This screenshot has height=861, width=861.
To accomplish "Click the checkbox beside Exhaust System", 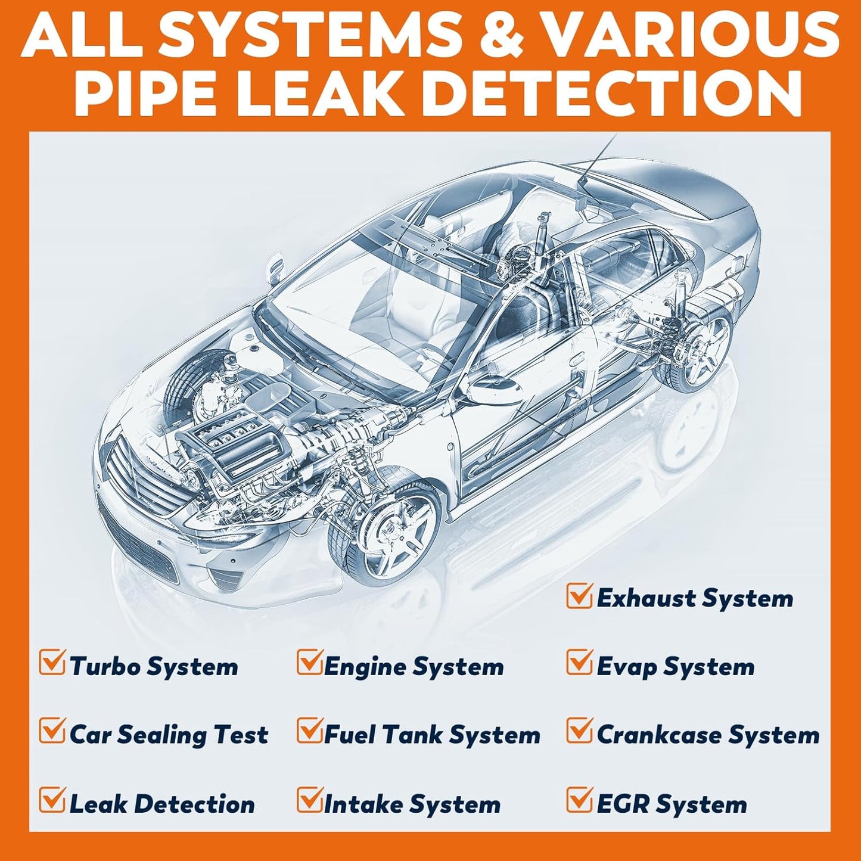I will tap(579, 596).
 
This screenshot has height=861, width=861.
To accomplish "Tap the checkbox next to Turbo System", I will tap(51, 663).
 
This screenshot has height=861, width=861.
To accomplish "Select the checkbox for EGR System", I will tap(579, 800).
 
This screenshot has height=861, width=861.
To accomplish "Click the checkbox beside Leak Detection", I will tap(51, 800).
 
